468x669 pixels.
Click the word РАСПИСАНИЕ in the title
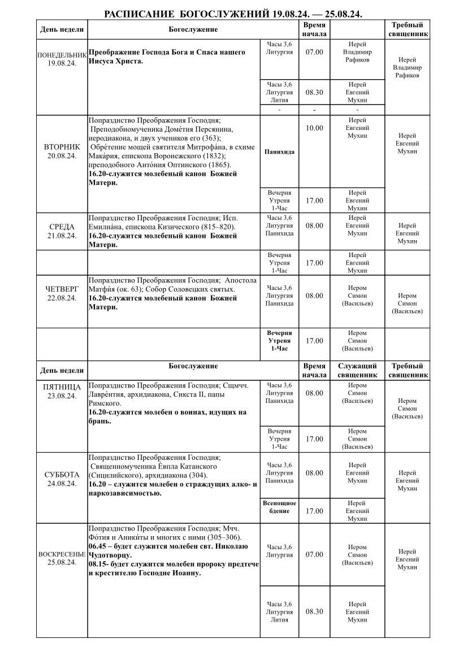coord(139,14)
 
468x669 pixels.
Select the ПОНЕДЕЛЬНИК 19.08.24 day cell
coord(62,59)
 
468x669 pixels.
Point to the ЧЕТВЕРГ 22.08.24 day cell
coord(62,294)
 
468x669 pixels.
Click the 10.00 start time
coord(314,128)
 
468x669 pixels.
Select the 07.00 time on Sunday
coord(314,555)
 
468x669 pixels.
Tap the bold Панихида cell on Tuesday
coord(279,152)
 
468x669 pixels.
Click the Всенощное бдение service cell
coord(279,507)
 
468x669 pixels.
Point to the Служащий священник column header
coord(357,370)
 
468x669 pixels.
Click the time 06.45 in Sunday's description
coord(98,546)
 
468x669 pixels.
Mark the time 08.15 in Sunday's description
coord(98,564)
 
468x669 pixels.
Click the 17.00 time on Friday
coord(314,439)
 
